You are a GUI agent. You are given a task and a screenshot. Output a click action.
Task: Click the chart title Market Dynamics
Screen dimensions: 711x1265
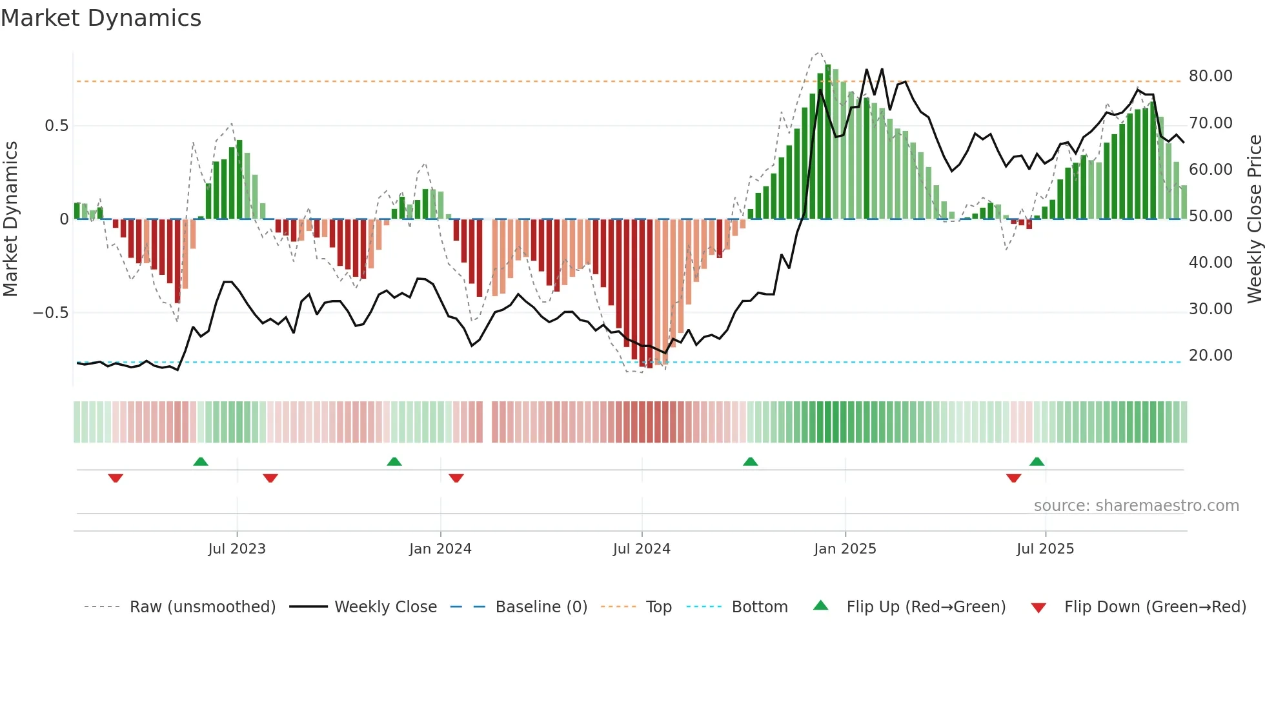click(x=101, y=18)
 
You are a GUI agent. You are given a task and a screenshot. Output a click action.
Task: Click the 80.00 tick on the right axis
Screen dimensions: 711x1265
click(x=1210, y=76)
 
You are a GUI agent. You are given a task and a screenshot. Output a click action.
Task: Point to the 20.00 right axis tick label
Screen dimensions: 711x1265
click(x=1210, y=355)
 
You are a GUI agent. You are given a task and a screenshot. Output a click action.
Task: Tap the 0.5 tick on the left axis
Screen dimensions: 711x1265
click(x=56, y=126)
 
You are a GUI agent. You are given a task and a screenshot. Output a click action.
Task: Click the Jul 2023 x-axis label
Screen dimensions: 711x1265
click(x=237, y=549)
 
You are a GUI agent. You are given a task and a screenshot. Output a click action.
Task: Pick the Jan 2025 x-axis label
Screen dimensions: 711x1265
click(x=845, y=549)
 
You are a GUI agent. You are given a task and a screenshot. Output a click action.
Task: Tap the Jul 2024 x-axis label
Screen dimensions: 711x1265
click(x=642, y=549)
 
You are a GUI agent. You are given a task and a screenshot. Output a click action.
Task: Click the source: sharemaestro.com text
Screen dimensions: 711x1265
click(x=1136, y=506)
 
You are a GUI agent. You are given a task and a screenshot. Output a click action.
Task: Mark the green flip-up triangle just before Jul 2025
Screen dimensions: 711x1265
click(x=1037, y=462)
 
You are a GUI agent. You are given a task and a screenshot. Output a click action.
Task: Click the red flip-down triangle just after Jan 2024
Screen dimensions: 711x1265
click(x=456, y=478)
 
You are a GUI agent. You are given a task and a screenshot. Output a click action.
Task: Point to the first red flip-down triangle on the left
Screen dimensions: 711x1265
click(x=116, y=478)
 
